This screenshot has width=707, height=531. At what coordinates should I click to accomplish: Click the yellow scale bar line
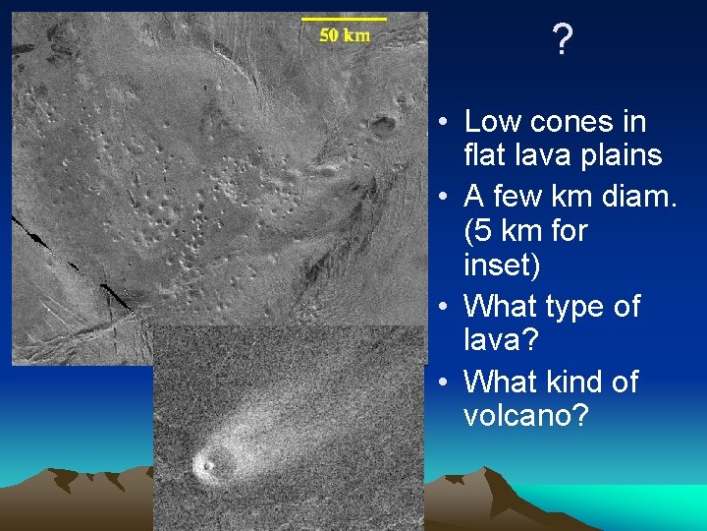[344, 18]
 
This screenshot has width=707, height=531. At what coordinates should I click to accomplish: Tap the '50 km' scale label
[345, 35]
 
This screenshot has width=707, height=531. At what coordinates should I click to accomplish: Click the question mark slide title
[562, 40]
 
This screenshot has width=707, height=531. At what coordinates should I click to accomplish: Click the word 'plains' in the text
[620, 155]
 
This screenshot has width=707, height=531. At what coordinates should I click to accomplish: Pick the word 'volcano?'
[525, 415]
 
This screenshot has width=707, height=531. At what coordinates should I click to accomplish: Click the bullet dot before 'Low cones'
[445, 123]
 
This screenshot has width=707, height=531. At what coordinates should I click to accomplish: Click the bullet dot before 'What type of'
[445, 308]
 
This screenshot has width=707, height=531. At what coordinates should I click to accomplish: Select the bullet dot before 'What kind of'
[445, 383]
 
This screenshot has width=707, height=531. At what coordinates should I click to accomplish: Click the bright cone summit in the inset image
[206, 464]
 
